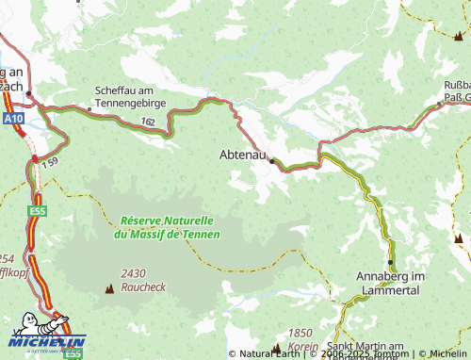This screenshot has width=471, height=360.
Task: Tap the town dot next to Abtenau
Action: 272,161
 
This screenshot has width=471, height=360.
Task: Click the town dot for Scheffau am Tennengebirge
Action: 89,108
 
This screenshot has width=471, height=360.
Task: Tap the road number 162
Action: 150,122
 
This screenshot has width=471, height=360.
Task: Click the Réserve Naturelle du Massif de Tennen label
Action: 170,226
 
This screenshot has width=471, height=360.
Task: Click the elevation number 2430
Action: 133,273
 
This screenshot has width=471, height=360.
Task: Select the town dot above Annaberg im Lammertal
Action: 390,262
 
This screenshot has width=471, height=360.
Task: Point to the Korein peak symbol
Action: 275,348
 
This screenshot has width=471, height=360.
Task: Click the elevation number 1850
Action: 300,333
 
